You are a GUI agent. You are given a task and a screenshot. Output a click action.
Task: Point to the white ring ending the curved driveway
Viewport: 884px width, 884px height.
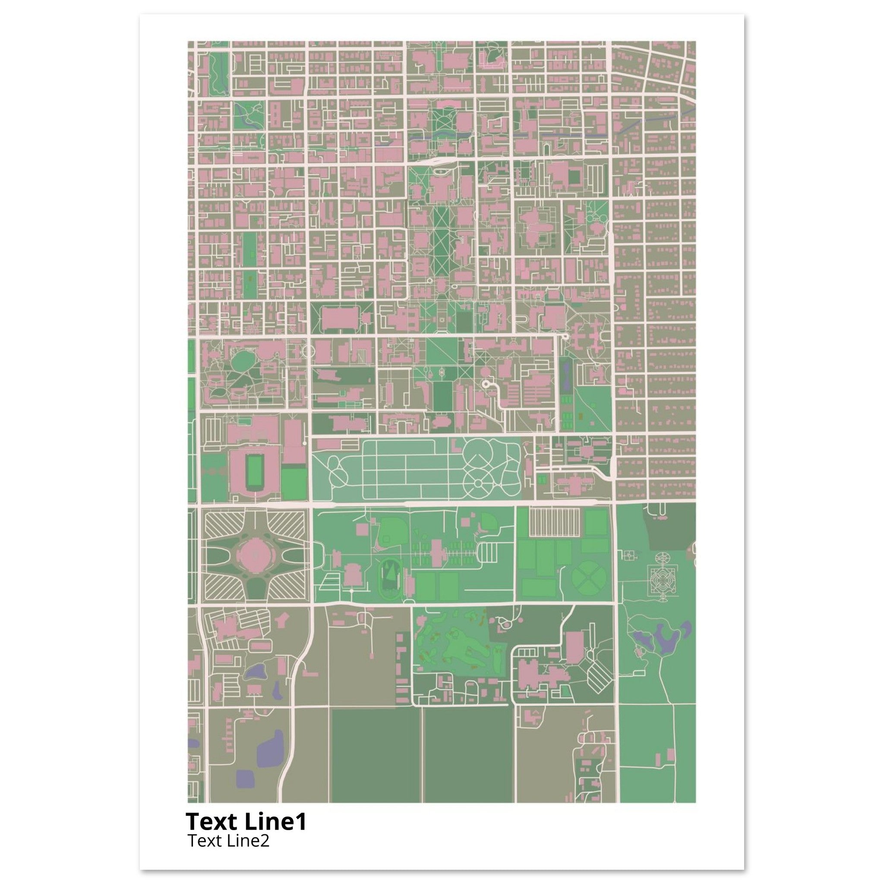click(486, 385)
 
